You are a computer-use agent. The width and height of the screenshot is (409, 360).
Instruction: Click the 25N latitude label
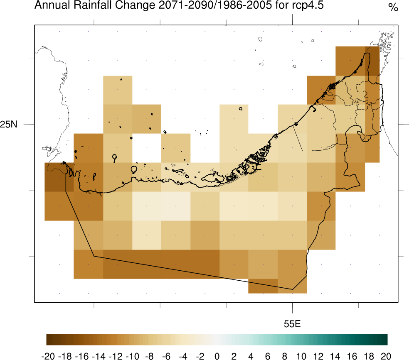point(9,124)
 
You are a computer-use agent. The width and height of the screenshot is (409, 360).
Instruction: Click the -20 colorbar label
point(49,355)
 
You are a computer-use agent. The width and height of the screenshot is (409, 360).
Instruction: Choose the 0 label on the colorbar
point(217,355)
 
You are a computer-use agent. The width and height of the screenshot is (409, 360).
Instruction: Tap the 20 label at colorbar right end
point(386,355)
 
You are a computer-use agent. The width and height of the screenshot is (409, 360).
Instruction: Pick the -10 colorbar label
point(132,355)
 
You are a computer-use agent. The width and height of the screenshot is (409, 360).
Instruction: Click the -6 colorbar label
point(166,355)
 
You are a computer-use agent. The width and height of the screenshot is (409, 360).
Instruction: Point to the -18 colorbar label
point(65,355)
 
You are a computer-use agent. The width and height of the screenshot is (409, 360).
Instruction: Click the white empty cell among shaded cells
point(147,148)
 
